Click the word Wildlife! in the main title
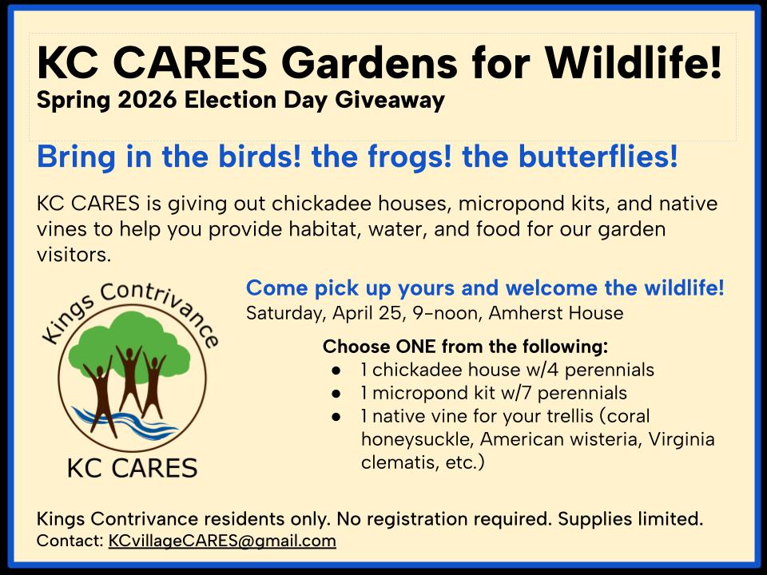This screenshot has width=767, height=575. coord(634,62)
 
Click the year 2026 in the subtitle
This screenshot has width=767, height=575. coord(147,101)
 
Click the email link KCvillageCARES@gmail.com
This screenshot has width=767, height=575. coord(222,541)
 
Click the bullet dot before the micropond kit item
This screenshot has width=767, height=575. coord(336,393)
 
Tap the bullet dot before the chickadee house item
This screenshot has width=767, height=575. coord(336,370)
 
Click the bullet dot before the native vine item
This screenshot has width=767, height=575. coord(336,417)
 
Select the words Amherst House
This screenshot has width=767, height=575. coord(556,313)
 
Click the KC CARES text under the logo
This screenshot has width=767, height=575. coord(132,468)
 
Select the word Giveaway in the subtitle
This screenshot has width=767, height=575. coord(390,101)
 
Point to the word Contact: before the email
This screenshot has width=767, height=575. coord(70,541)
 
